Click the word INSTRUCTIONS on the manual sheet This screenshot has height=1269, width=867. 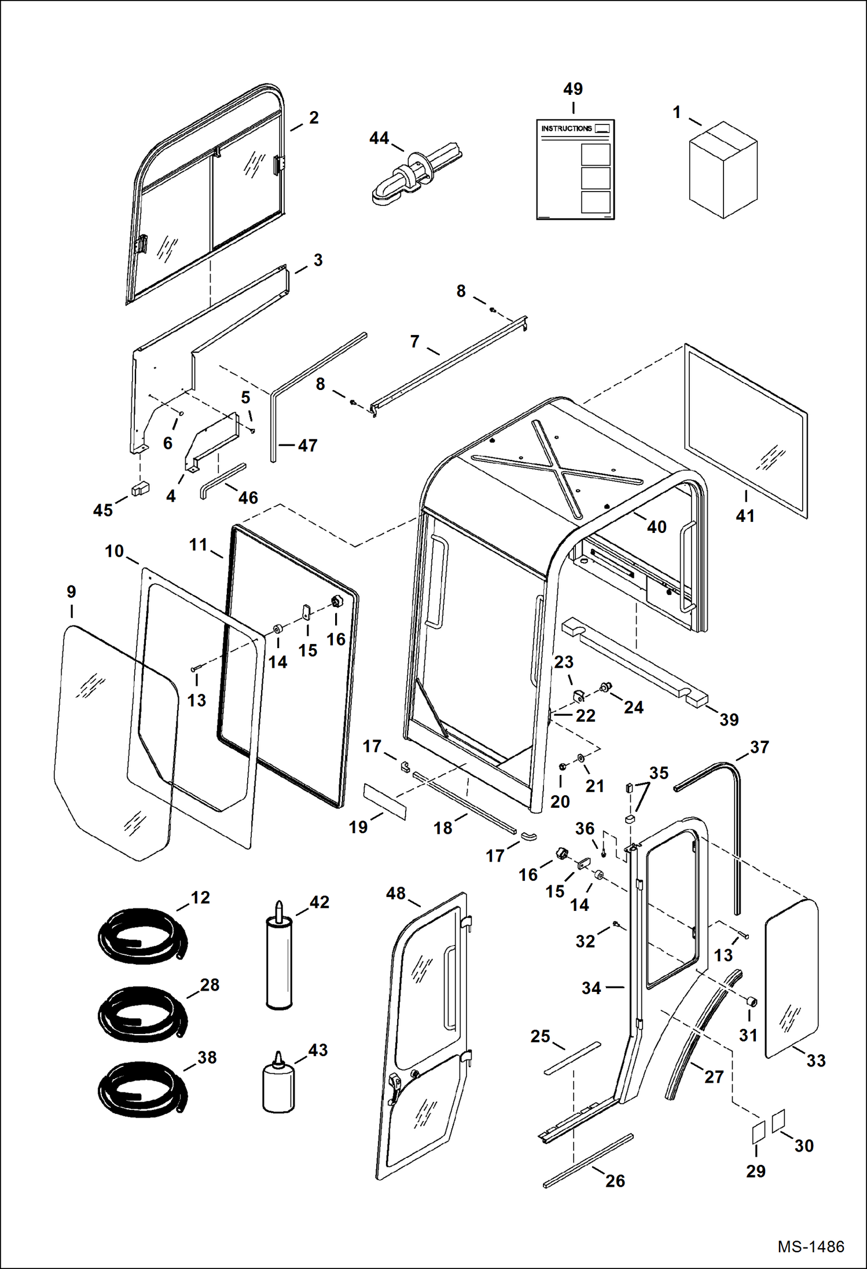[x=566, y=128]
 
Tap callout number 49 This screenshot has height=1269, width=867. [x=572, y=89]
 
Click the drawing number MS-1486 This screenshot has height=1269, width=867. [x=810, y=1246]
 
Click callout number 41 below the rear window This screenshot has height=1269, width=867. [x=745, y=516]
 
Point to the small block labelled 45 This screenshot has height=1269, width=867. [x=140, y=489]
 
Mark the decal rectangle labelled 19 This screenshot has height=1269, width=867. [x=385, y=801]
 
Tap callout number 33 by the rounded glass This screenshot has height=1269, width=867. [x=816, y=1061]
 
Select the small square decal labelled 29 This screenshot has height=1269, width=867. [x=758, y=1132]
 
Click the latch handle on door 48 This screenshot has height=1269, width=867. [x=395, y=1083]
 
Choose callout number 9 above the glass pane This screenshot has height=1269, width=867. [x=71, y=591]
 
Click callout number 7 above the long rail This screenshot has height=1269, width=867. [x=414, y=341]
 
